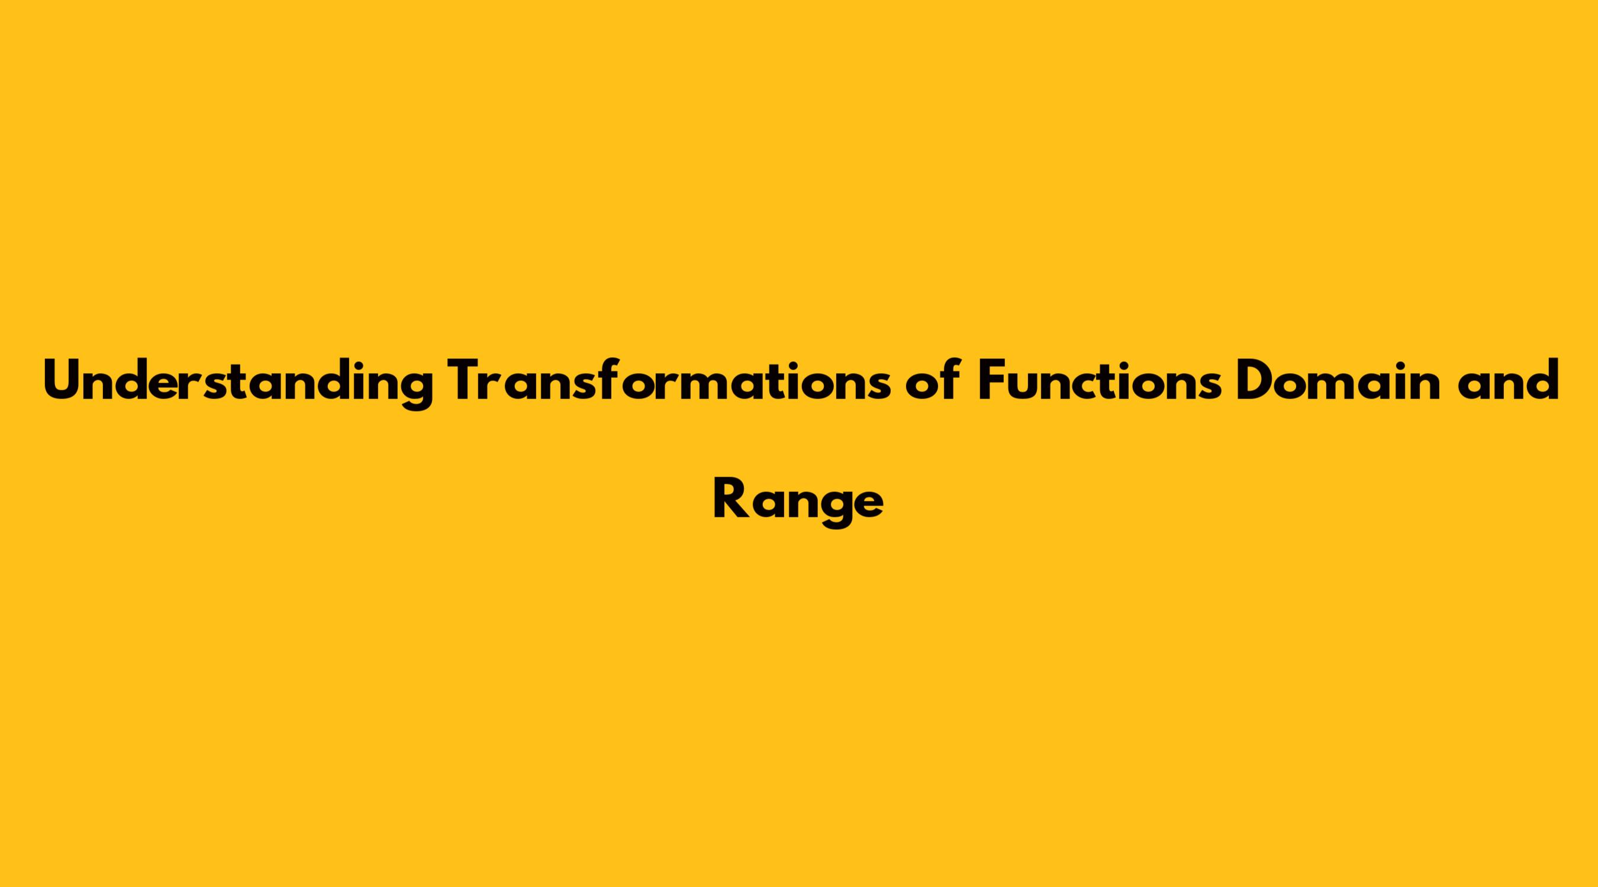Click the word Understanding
point(237,384)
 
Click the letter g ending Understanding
point(415,390)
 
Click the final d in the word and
point(1542,380)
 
